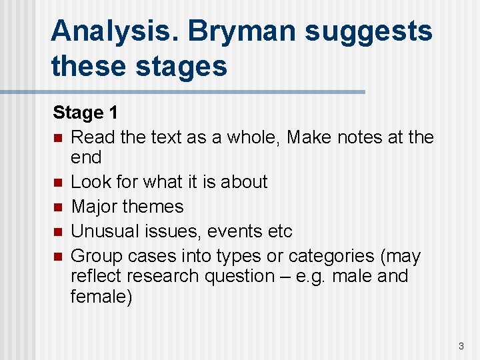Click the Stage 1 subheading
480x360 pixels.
(85, 113)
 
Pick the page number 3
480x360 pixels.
(461, 346)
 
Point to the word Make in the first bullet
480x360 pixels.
(312, 137)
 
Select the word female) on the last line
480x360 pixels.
(101, 297)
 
